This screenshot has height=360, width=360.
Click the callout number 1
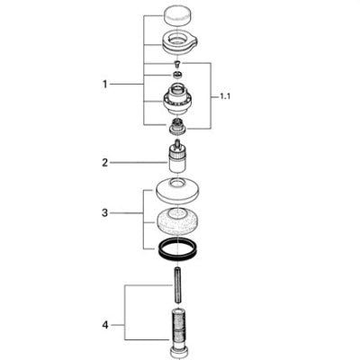pos(104,85)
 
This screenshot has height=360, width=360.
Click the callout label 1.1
pos(225,97)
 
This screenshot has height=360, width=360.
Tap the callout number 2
pos(104,163)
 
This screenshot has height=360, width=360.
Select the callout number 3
pos(104,213)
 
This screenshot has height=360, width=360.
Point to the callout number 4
pos(105,325)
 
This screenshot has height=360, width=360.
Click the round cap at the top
pos(178,16)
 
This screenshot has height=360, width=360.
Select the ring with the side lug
pos(180,43)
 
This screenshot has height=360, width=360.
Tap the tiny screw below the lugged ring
pos(178,64)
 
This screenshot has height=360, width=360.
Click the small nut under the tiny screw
pos(178,75)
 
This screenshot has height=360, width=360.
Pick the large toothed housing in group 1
pos(177,99)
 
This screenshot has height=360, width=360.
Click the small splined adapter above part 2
pos(178,126)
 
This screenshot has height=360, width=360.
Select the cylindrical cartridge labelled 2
pos(177,157)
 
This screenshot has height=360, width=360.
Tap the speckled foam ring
pos(178,222)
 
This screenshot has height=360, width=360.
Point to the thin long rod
pos(178,284)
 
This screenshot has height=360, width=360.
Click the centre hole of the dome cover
pos(178,182)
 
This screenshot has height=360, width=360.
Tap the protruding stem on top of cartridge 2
pos(177,144)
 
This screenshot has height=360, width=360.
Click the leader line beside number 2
pos(139,163)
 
